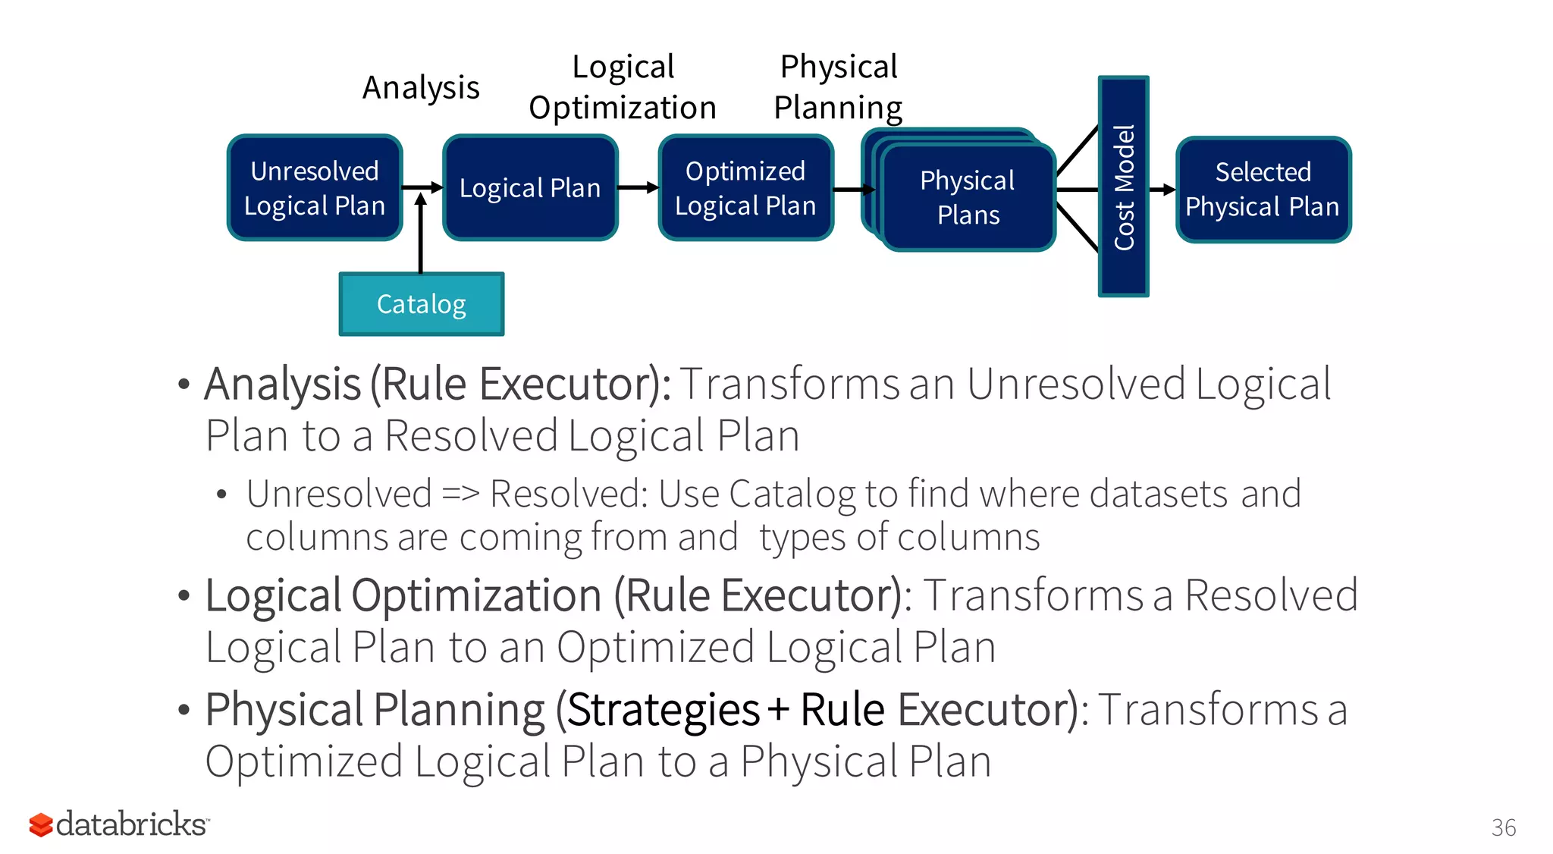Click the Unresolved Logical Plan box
pyautogui.click(x=315, y=188)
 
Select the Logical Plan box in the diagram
pyautogui.click(x=530, y=188)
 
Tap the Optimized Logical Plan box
pyautogui.click(x=746, y=188)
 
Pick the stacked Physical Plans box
pyautogui.click(x=968, y=197)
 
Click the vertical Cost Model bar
pyautogui.click(x=1123, y=187)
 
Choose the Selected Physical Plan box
pyautogui.click(x=1263, y=190)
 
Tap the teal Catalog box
pyautogui.click(x=422, y=304)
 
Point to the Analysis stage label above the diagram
pyautogui.click(x=421, y=88)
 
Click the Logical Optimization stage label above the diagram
pyautogui.click(x=623, y=87)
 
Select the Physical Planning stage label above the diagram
pyautogui.click(x=839, y=87)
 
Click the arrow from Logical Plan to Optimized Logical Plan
pyautogui.click(x=638, y=187)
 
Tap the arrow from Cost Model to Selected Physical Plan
pyautogui.click(x=1162, y=190)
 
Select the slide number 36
pyautogui.click(x=1503, y=827)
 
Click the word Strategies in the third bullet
pyautogui.click(x=664, y=711)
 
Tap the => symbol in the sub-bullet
pyautogui.click(x=460, y=495)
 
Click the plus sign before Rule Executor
pyautogui.click(x=778, y=711)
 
